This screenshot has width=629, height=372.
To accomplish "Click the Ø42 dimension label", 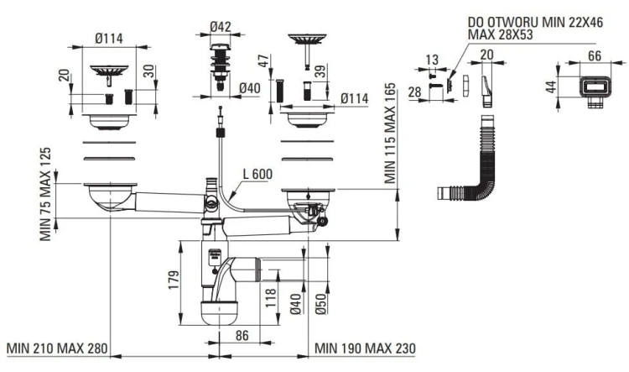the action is tap(221, 27).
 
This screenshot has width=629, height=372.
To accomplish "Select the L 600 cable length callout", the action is tap(257, 174).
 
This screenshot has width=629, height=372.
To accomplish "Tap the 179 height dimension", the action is tap(174, 280).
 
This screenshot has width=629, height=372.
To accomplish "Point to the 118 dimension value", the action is tap(271, 297).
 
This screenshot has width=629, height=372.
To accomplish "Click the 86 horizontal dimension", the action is tap(242, 335).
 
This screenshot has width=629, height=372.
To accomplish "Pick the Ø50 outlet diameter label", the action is tap(321, 304).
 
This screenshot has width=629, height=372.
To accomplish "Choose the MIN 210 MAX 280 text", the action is tap(57, 348).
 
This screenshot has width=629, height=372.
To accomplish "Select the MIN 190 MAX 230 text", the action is tap(365, 348).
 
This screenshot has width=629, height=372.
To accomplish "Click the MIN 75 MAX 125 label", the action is tap(45, 194).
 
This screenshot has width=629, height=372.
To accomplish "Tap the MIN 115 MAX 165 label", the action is tap(390, 133).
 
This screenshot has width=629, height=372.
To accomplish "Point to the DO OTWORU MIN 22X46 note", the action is tap(535, 22).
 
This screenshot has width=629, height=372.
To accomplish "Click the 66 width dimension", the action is tap(594, 55).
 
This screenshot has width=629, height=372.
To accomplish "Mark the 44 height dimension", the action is tap(552, 86).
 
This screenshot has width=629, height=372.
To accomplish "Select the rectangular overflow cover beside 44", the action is tap(595, 89).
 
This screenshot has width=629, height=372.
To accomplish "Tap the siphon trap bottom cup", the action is tap(220, 313).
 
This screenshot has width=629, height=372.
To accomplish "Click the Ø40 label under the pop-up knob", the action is tap(250, 88).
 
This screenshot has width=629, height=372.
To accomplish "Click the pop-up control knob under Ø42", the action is tap(221, 67).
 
